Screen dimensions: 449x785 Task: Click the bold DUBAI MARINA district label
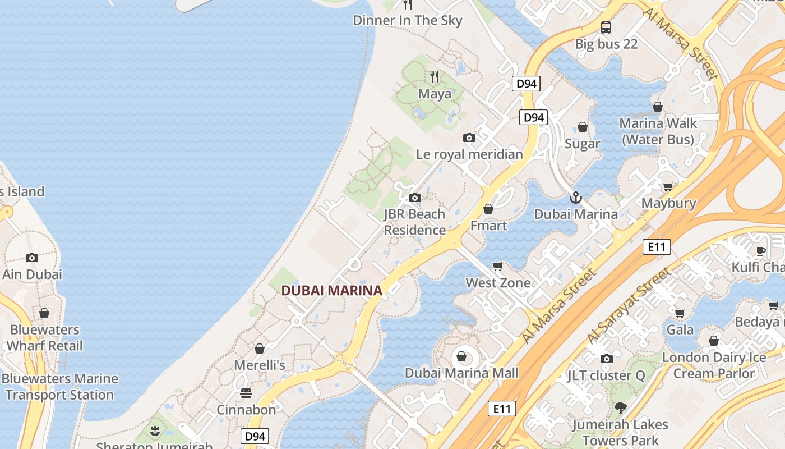pos(331,290)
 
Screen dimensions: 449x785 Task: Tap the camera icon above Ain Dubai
pos(32,258)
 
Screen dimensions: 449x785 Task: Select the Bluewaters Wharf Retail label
pos(44,338)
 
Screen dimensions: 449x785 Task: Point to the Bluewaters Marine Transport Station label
pos(59,387)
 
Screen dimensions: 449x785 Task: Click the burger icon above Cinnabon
pos(246,393)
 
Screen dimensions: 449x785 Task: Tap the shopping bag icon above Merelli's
pos(259,349)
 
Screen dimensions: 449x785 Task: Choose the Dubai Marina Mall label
pos(461,373)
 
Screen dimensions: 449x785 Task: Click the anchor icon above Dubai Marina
pos(575,198)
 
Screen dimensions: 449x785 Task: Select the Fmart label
pos(488,226)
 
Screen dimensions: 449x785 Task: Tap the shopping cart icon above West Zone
pos(497,266)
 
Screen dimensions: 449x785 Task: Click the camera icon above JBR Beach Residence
pos(415,198)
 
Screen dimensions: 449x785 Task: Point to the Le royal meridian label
pos(469,154)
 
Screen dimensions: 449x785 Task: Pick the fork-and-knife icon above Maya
pos(434,77)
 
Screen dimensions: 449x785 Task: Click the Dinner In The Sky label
pos(408,21)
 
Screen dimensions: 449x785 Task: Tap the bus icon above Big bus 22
pos(606,27)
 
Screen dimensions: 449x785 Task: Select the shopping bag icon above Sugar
pos(583,127)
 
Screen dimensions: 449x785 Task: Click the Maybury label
pos(668,203)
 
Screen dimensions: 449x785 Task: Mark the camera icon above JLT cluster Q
pos(606,359)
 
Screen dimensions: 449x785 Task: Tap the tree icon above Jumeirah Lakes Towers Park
pos(620,408)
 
